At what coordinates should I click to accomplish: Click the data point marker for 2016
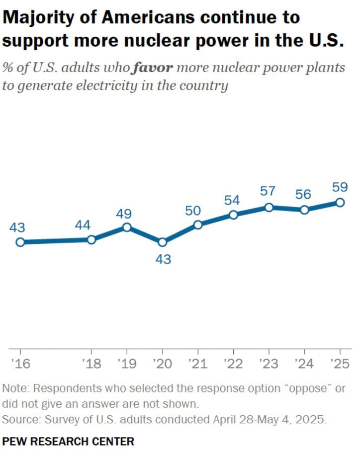coord(20,242)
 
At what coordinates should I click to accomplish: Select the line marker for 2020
coord(162,242)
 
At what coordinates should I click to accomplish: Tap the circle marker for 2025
coord(340,202)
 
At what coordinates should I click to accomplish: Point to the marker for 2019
coord(127,227)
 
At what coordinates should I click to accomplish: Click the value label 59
coord(340,188)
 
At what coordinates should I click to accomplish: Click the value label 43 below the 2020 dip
coord(163,259)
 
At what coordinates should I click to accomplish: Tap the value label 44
coord(83,225)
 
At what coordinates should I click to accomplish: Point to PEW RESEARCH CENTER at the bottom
coord(68,441)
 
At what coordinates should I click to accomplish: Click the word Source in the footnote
coord(20,419)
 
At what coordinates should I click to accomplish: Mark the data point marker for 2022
coord(233,215)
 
